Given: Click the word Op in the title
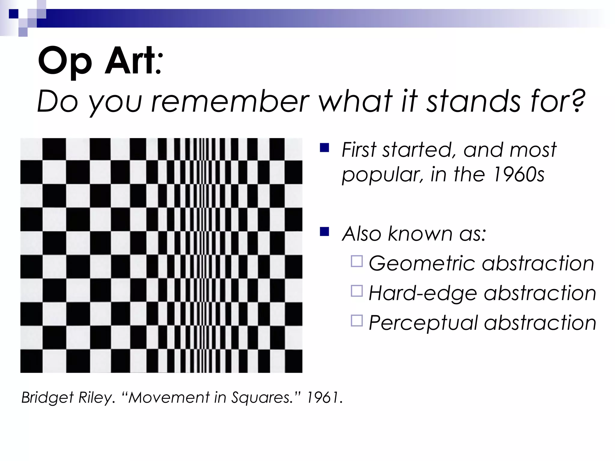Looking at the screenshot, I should click(x=65, y=62).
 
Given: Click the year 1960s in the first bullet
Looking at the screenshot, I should click(x=519, y=174).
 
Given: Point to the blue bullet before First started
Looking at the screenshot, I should click(x=325, y=148).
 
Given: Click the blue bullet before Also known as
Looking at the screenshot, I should click(x=325, y=232).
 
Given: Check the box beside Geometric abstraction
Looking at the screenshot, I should click(x=357, y=261).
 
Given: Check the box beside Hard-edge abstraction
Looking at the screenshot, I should click(x=357, y=291).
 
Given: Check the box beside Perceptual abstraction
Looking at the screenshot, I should click(x=357, y=321).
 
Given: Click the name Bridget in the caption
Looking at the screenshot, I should click(x=47, y=398).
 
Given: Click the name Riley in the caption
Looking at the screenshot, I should click(x=96, y=398).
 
